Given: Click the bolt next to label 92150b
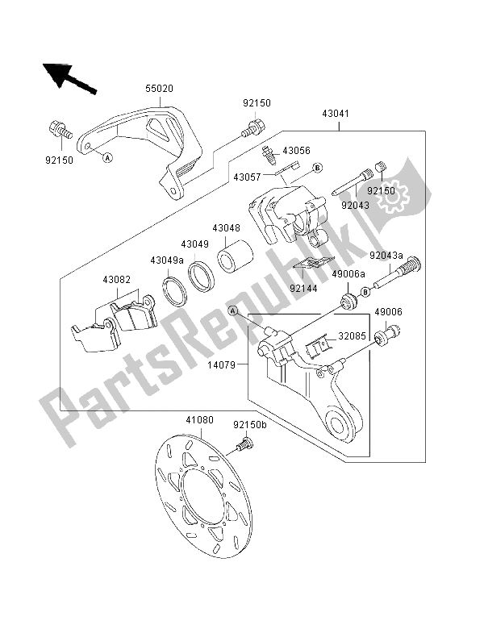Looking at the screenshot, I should coord(244,442).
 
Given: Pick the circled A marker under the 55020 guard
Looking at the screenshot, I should coord(107,158).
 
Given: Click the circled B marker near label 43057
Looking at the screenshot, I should coord(317,168).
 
